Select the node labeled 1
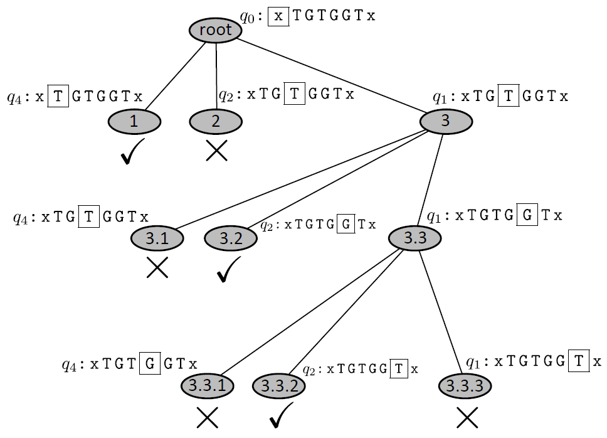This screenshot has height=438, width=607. pyautogui.click(x=134, y=121)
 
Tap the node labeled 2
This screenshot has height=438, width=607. pyautogui.click(x=216, y=121)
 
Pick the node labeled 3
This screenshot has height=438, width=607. pyautogui.click(x=445, y=121)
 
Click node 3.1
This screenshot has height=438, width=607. pyautogui.click(x=157, y=238)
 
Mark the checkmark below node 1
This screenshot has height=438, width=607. pyautogui.click(x=134, y=152)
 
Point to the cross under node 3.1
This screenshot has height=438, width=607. pyautogui.click(x=157, y=268)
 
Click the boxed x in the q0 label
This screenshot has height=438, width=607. pyautogui.click(x=278, y=16)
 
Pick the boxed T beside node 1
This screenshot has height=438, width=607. pyautogui.click(x=58, y=97)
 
